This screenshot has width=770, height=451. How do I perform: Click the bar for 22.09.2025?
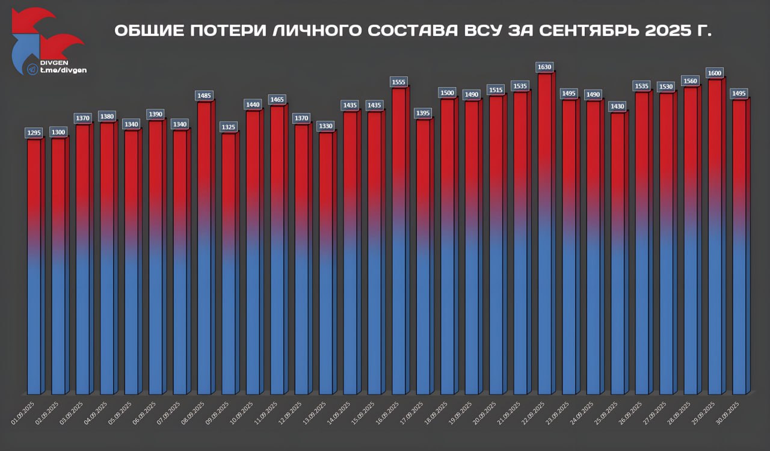click(x=545, y=235)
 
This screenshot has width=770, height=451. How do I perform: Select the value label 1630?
click(x=545, y=67)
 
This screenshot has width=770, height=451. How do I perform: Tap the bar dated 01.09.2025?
click(x=34, y=265)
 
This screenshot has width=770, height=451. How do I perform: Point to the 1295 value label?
click(x=34, y=132)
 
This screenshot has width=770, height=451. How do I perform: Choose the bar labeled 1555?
click(x=399, y=241)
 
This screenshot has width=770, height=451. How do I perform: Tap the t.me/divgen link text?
click(x=63, y=70)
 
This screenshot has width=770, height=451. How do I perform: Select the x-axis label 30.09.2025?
click(x=730, y=413)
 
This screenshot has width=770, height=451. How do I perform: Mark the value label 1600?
click(x=715, y=73)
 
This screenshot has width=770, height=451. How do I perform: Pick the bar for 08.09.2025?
click(x=204, y=247)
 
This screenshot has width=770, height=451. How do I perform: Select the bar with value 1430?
click(x=618, y=253)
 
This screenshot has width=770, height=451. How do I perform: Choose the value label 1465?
click(x=277, y=99)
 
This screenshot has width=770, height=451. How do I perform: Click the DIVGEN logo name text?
click(x=54, y=62)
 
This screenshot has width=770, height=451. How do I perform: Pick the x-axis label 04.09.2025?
click(x=98, y=413)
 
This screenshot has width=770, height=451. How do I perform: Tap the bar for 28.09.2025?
click(x=691, y=241)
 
